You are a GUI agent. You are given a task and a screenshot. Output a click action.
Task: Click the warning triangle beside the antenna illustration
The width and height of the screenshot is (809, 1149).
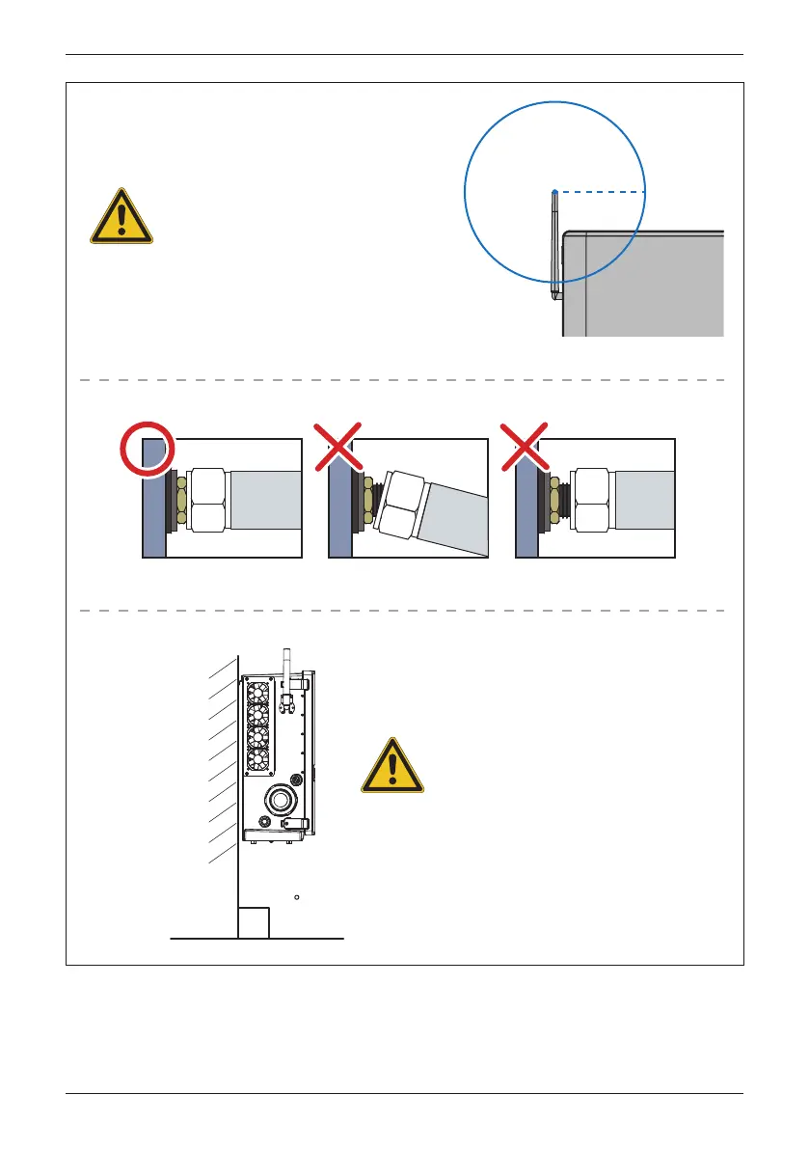click(121, 216)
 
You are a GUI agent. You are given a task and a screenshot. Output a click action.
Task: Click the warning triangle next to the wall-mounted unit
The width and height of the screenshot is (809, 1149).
click(391, 767)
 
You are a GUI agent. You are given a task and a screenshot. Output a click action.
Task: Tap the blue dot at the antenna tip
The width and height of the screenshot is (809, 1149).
click(554, 192)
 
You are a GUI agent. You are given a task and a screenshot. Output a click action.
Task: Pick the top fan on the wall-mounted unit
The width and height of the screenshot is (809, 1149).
click(257, 693)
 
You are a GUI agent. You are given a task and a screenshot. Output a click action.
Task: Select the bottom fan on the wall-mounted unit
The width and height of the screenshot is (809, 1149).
click(257, 758)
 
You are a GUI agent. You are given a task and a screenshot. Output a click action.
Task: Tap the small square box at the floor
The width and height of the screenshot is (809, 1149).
click(254, 921)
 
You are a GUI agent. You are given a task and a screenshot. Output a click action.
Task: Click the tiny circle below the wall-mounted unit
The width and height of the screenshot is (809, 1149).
click(297, 896)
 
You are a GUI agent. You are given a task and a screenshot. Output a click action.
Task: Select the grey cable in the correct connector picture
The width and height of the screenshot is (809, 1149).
click(265, 500)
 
